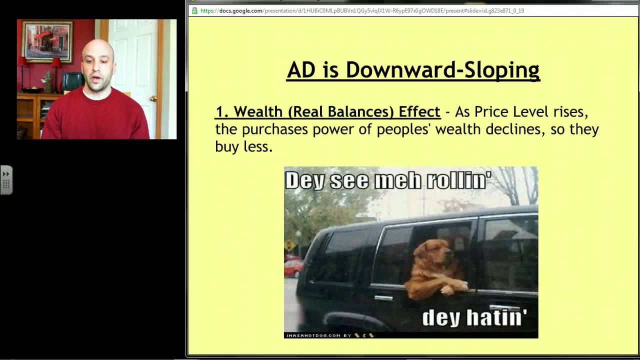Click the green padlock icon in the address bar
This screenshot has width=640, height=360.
click(194, 10)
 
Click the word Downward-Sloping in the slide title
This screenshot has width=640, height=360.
click(442, 70)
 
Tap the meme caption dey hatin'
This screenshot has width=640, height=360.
click(474, 317)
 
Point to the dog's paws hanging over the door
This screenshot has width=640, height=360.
click(455, 287)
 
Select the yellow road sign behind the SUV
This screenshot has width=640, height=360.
click(290, 245)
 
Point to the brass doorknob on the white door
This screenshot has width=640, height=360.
click(153, 98)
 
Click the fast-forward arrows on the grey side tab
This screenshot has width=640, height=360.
click(6, 174)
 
